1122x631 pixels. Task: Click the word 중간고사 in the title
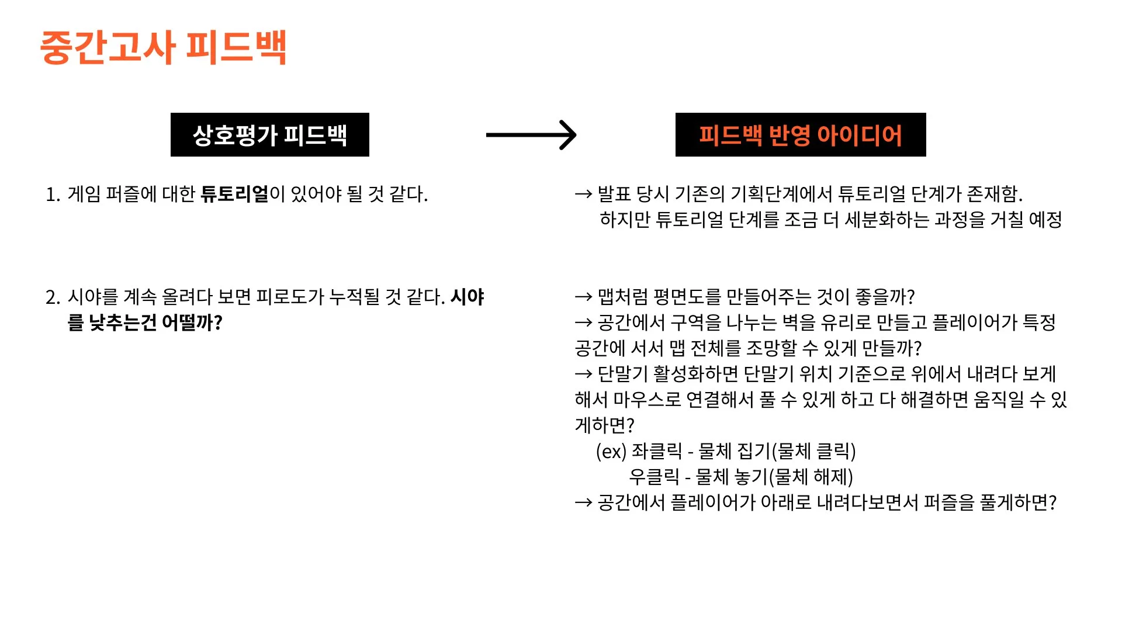108,47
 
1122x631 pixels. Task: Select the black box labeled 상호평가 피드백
269,135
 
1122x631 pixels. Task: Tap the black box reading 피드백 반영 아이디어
800,135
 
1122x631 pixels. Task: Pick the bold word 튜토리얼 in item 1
234,194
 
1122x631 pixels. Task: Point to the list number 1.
52,195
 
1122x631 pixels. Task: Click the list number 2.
52,297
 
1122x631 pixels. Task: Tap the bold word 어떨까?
192,323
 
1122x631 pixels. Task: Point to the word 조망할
772,348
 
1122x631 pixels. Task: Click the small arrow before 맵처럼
583,297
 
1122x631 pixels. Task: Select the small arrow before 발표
583,194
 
